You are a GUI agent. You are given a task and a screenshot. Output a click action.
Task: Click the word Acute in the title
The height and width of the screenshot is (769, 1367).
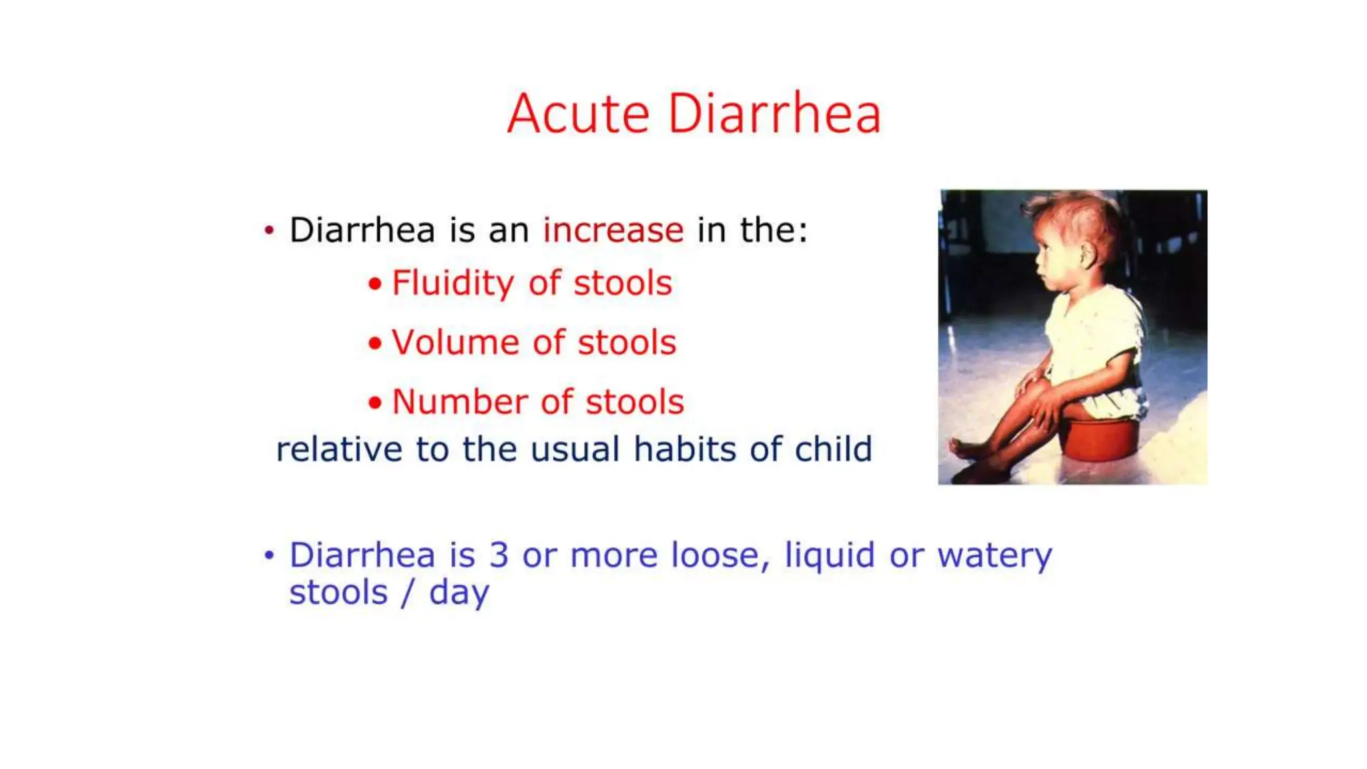pyautogui.click(x=578, y=114)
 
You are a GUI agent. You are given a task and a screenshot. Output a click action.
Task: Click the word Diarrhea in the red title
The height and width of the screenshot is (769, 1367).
pyautogui.click(x=774, y=114)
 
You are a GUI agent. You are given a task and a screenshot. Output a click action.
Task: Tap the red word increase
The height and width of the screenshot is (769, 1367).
pyautogui.click(x=613, y=230)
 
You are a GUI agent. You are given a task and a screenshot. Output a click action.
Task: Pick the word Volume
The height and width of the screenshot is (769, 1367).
pyautogui.click(x=455, y=342)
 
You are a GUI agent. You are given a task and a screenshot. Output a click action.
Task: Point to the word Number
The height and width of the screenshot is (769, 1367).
pyautogui.click(x=459, y=402)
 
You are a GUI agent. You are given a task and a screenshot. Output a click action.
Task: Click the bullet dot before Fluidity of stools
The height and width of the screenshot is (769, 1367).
pyautogui.click(x=375, y=284)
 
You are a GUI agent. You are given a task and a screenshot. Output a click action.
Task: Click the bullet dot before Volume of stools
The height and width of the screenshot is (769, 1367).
pyautogui.click(x=375, y=344)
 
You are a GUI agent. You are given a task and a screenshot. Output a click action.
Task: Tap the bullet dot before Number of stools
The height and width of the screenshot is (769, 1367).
pyautogui.click(x=375, y=403)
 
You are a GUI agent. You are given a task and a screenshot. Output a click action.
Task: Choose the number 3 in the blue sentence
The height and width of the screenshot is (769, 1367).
pyautogui.click(x=499, y=555)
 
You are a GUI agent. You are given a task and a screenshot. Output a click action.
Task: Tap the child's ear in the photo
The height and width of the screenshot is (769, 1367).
pyautogui.click(x=1089, y=255)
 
